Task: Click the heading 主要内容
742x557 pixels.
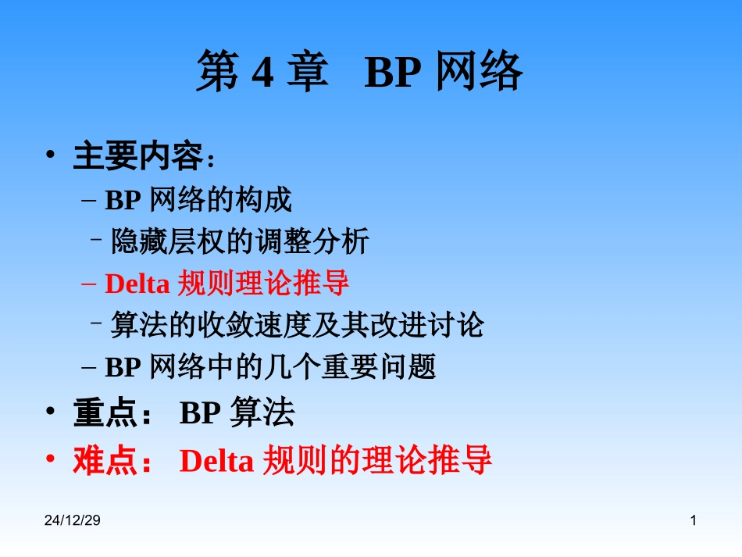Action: pos(137,156)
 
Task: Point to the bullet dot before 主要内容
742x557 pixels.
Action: pos(51,155)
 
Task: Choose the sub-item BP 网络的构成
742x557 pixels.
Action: pos(198,201)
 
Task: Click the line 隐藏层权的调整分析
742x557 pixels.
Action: pos(239,242)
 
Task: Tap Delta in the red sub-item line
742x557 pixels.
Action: pos(137,284)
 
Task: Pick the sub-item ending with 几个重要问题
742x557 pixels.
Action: pos(270,366)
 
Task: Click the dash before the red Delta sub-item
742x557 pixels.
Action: pos(89,284)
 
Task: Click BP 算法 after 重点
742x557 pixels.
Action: pos(237,413)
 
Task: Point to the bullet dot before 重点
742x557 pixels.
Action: pos(51,412)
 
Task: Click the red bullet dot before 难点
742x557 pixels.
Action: pos(51,459)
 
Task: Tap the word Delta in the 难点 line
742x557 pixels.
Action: pos(216,461)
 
